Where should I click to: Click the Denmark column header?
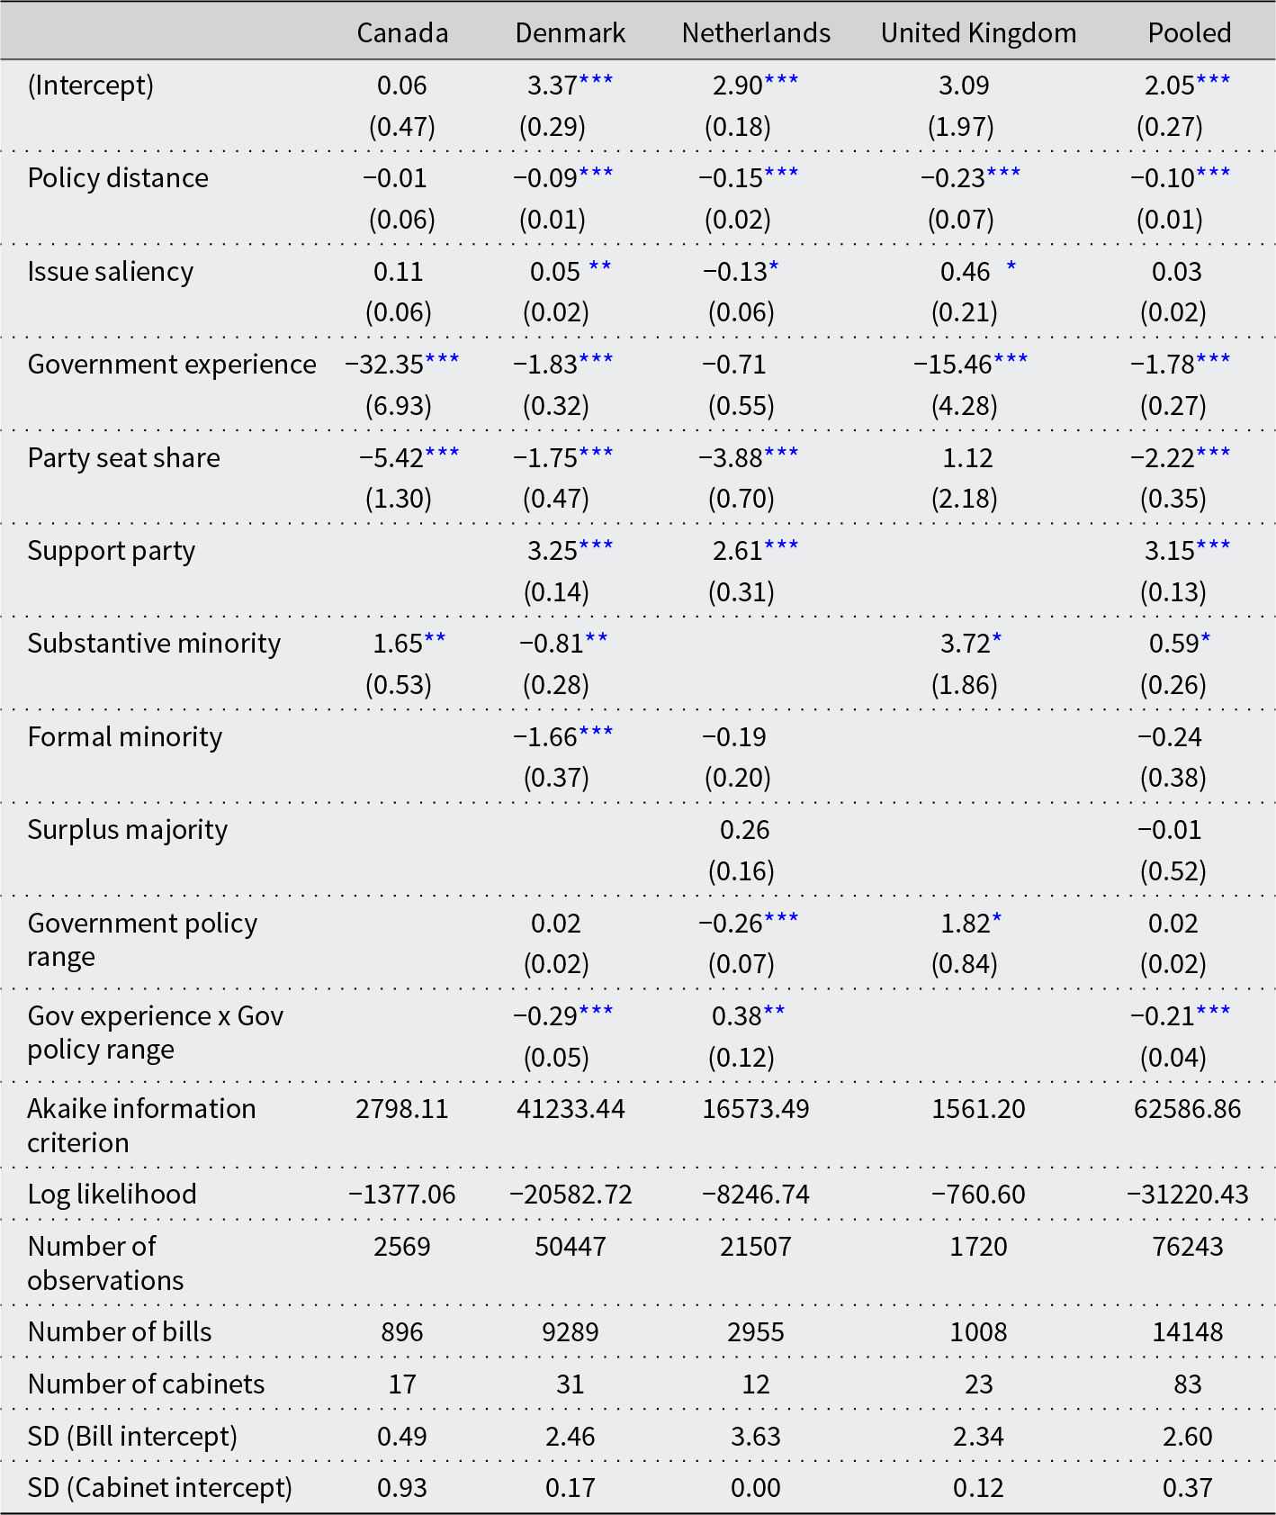[570, 33]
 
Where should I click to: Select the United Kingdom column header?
[978, 33]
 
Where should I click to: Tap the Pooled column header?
[1189, 33]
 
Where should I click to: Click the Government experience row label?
[172, 365]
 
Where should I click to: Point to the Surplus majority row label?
[127, 830]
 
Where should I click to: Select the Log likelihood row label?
[112, 1195]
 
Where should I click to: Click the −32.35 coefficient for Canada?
[384, 365]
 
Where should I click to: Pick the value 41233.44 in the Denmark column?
[571, 1109]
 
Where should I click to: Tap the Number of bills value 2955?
[755, 1332]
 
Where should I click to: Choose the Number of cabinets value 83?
[1187, 1384]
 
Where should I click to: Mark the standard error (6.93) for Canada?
[399, 406]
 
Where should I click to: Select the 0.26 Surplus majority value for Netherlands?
[744, 830]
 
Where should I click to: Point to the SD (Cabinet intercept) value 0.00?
[755, 1488]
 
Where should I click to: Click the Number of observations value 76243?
[1187, 1247]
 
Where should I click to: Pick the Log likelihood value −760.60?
[978, 1195]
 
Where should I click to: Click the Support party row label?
[111, 551]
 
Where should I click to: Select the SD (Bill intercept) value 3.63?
[755, 1437]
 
